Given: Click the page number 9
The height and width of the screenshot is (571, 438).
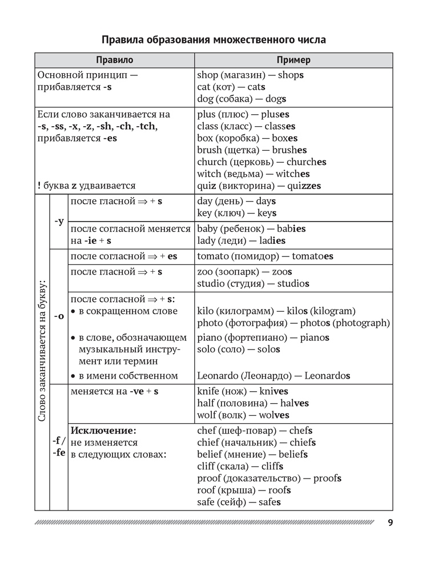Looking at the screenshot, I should coord(389,523).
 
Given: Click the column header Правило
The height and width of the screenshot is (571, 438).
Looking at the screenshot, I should coord(114,60).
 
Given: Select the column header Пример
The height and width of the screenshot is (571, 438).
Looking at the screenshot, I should coord(293,60).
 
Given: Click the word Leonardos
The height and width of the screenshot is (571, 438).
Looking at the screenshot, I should coord(327,376).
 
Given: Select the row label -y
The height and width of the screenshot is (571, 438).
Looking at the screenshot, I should coord(58,221).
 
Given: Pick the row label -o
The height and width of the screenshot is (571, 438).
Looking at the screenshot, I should coord(58,316).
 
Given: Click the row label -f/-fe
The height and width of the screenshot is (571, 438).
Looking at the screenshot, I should coord(58,447).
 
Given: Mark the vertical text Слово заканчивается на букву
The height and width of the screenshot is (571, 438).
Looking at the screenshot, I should coord(42,351).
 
